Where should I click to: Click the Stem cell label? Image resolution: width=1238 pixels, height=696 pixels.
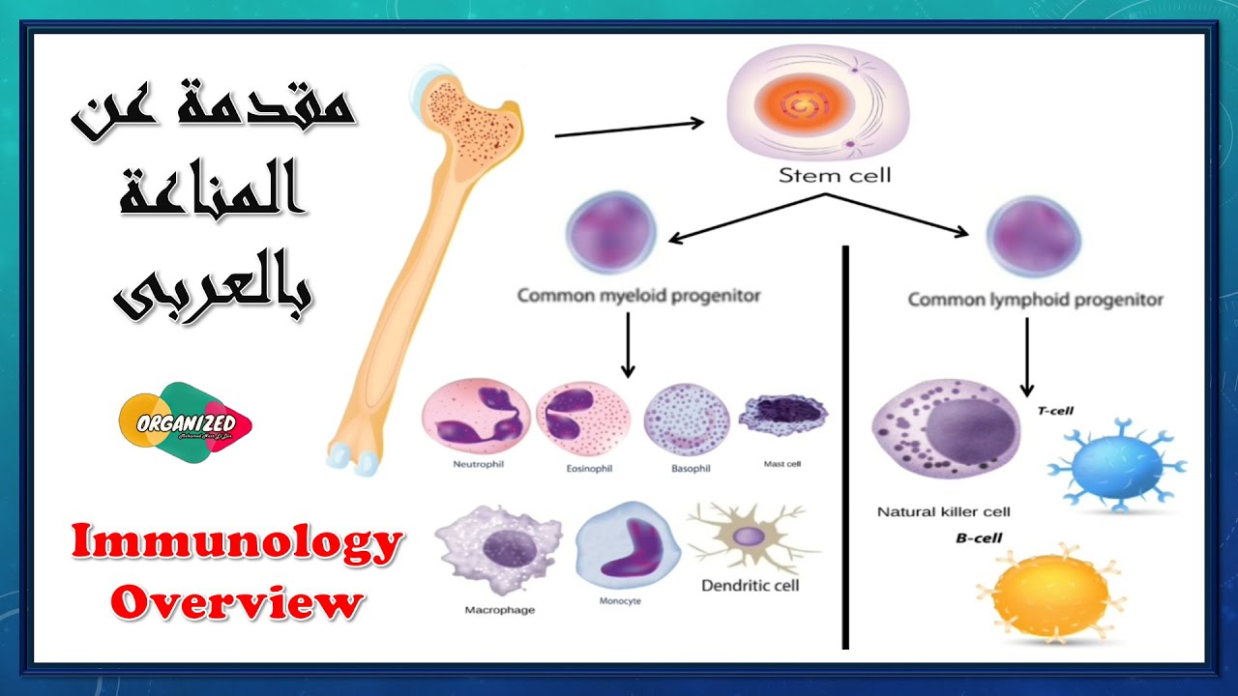click(x=835, y=176)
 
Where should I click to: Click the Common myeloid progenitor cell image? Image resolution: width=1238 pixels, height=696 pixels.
click(x=610, y=233)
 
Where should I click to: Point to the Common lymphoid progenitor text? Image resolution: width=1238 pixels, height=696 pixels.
click(x=1035, y=300)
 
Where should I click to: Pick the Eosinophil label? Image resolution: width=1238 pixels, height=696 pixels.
click(x=588, y=468)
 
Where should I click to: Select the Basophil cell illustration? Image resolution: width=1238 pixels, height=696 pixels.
click(x=687, y=420)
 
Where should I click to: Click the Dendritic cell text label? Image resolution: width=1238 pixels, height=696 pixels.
click(x=751, y=585)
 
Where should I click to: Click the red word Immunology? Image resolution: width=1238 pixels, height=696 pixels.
click(x=236, y=544)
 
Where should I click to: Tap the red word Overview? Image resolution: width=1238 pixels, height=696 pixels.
click(x=236, y=604)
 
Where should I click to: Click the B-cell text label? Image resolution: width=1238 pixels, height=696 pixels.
click(x=978, y=537)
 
